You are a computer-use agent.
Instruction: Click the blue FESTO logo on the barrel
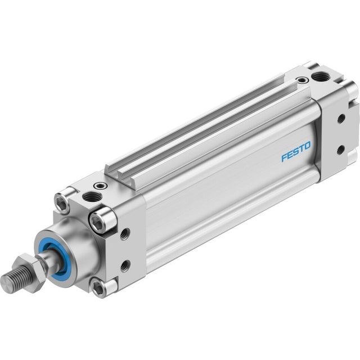[296, 152]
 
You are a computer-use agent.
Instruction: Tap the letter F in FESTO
[285, 158]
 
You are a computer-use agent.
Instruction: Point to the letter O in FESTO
[308, 146]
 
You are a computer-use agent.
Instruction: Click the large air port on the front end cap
[92, 197]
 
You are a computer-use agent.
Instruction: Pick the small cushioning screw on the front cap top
[101, 185]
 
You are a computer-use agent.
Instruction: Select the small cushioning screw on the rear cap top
[303, 80]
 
